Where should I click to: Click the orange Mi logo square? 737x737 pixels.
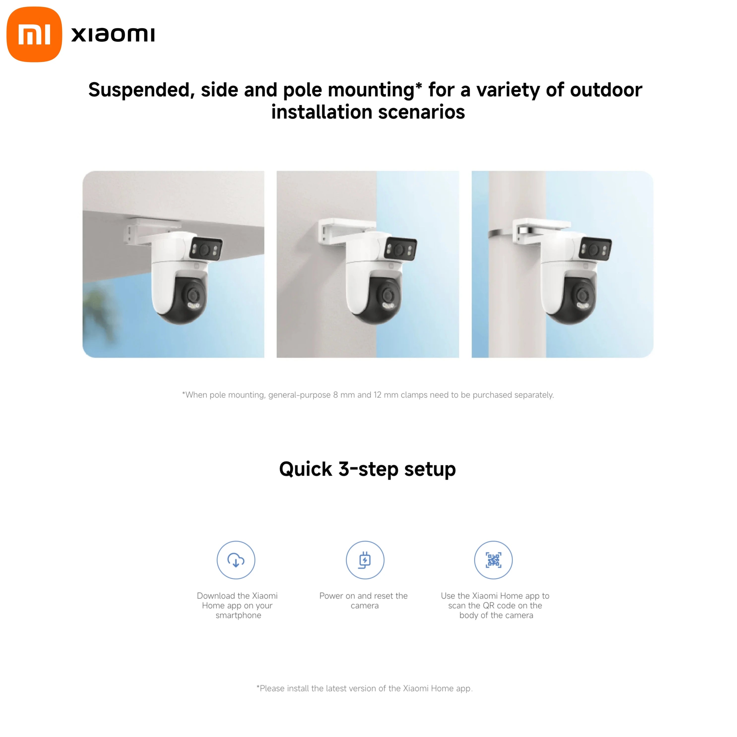[x=34, y=34]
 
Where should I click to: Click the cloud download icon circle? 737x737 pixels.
[x=236, y=560]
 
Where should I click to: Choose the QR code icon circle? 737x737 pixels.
[x=493, y=560]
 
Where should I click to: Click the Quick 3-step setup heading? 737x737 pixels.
[x=368, y=469]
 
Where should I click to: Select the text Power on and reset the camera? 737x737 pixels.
[x=364, y=600]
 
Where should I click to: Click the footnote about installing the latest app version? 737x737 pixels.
[x=365, y=688]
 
